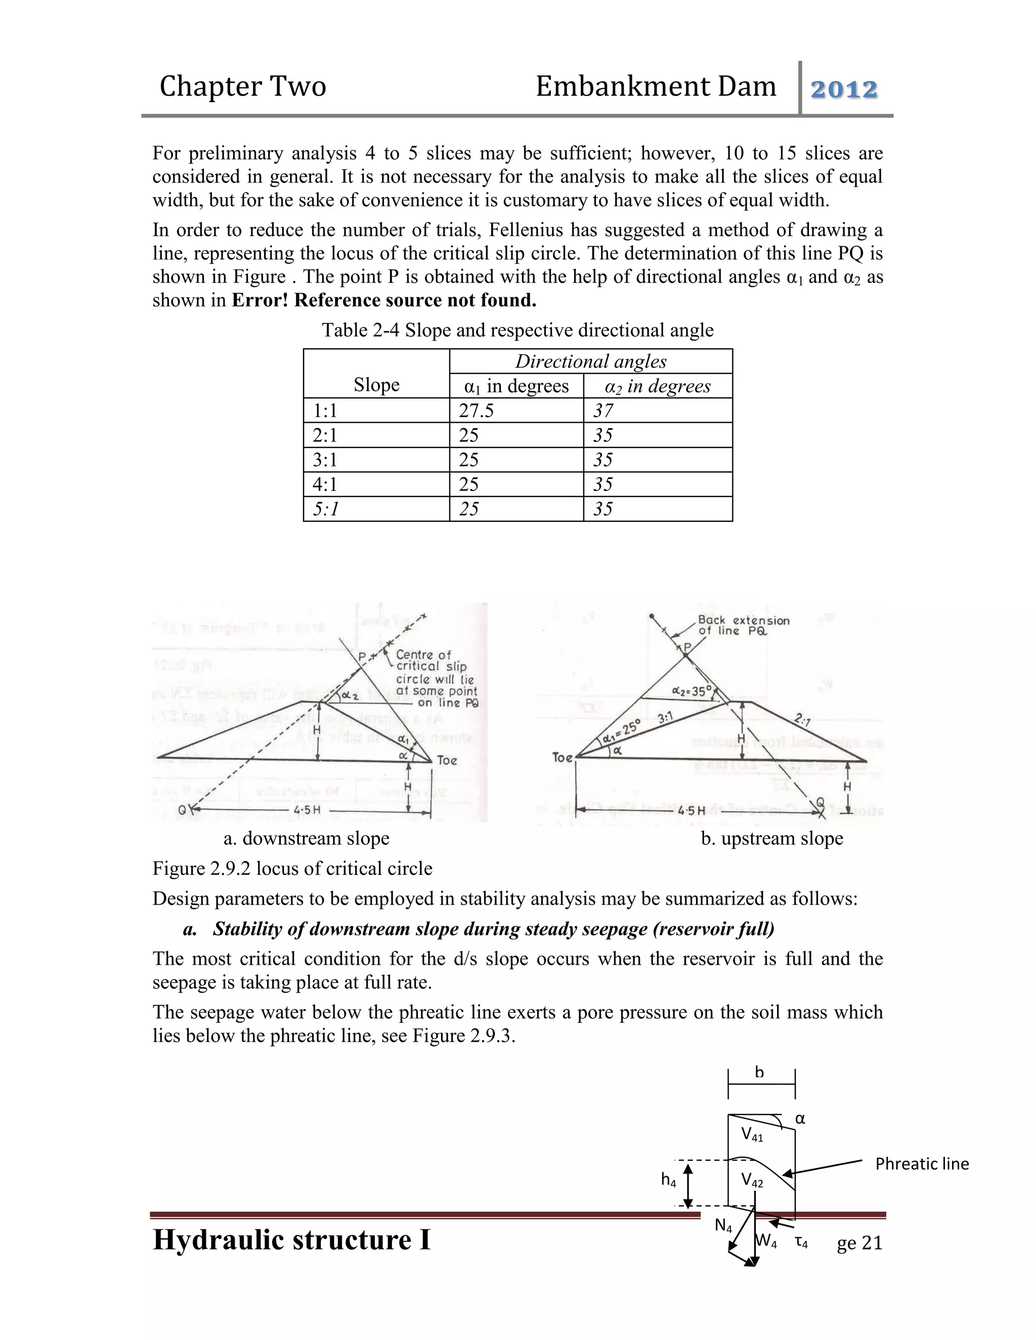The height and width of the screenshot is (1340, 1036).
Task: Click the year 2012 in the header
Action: pos(844,90)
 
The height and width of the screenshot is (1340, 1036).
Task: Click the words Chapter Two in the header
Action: pos(242,86)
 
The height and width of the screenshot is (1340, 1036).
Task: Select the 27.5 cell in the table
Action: pos(476,411)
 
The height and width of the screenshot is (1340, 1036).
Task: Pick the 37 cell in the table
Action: pos(603,411)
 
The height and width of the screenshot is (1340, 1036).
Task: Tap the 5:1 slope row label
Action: pos(325,509)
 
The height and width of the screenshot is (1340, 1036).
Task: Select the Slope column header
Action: pos(376,385)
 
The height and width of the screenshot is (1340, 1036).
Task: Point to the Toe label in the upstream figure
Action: pos(562,758)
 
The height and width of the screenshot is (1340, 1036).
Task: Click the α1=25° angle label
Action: pos(621,733)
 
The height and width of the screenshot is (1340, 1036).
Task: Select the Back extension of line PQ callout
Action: pos(743,626)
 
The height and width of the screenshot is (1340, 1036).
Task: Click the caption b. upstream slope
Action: pos(772,838)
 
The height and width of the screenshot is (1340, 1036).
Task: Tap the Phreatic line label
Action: pos(922,1164)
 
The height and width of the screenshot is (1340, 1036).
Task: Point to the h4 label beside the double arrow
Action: pos(668,1179)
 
